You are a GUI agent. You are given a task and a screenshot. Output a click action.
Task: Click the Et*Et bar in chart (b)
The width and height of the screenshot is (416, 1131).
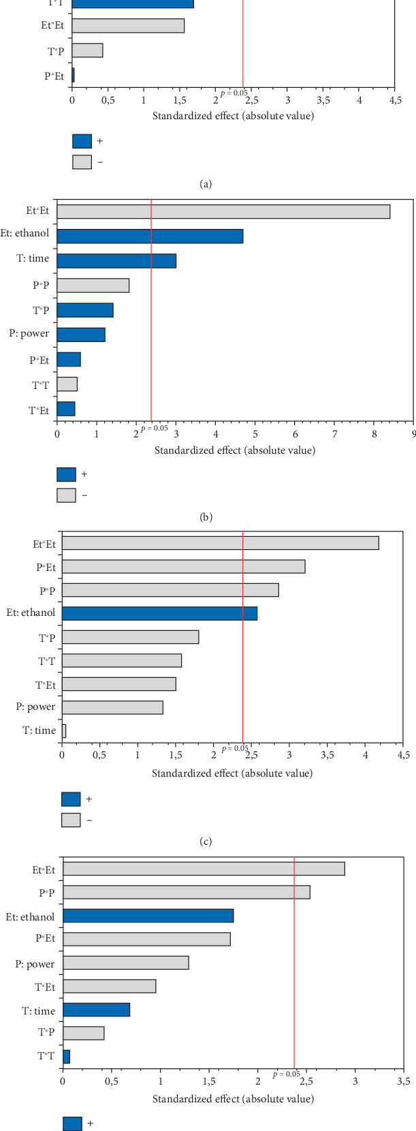point(223,212)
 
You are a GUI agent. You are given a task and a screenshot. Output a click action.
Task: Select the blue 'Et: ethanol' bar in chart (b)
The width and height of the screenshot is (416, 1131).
point(150,236)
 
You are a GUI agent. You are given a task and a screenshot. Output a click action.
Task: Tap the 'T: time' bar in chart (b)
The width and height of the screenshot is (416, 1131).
point(116,261)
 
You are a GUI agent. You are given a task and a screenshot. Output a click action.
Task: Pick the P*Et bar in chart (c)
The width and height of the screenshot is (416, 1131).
point(183,567)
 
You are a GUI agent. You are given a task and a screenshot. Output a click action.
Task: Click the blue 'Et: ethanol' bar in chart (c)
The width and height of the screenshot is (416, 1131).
point(159,613)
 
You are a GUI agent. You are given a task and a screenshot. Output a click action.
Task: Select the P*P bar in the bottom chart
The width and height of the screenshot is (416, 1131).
point(187,892)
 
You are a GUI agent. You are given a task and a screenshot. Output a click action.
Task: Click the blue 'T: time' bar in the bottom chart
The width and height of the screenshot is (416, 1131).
point(96,1010)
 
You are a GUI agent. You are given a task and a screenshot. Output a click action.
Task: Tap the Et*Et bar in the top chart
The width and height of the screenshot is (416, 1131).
point(128,26)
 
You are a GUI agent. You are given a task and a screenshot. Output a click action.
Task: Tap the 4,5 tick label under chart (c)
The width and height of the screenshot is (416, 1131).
point(403,754)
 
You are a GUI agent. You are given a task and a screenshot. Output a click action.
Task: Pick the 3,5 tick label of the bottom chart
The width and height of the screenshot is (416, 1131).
point(402,1081)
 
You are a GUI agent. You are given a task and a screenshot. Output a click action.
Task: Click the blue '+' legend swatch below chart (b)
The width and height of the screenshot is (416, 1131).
point(66,474)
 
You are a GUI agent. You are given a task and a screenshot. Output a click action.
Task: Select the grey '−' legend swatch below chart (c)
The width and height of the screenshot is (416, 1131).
point(71,820)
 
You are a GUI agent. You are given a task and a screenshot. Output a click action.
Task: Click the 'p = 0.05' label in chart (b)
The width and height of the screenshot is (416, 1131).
point(155,428)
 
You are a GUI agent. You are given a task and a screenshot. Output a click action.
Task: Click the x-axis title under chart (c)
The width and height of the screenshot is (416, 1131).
point(232,773)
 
